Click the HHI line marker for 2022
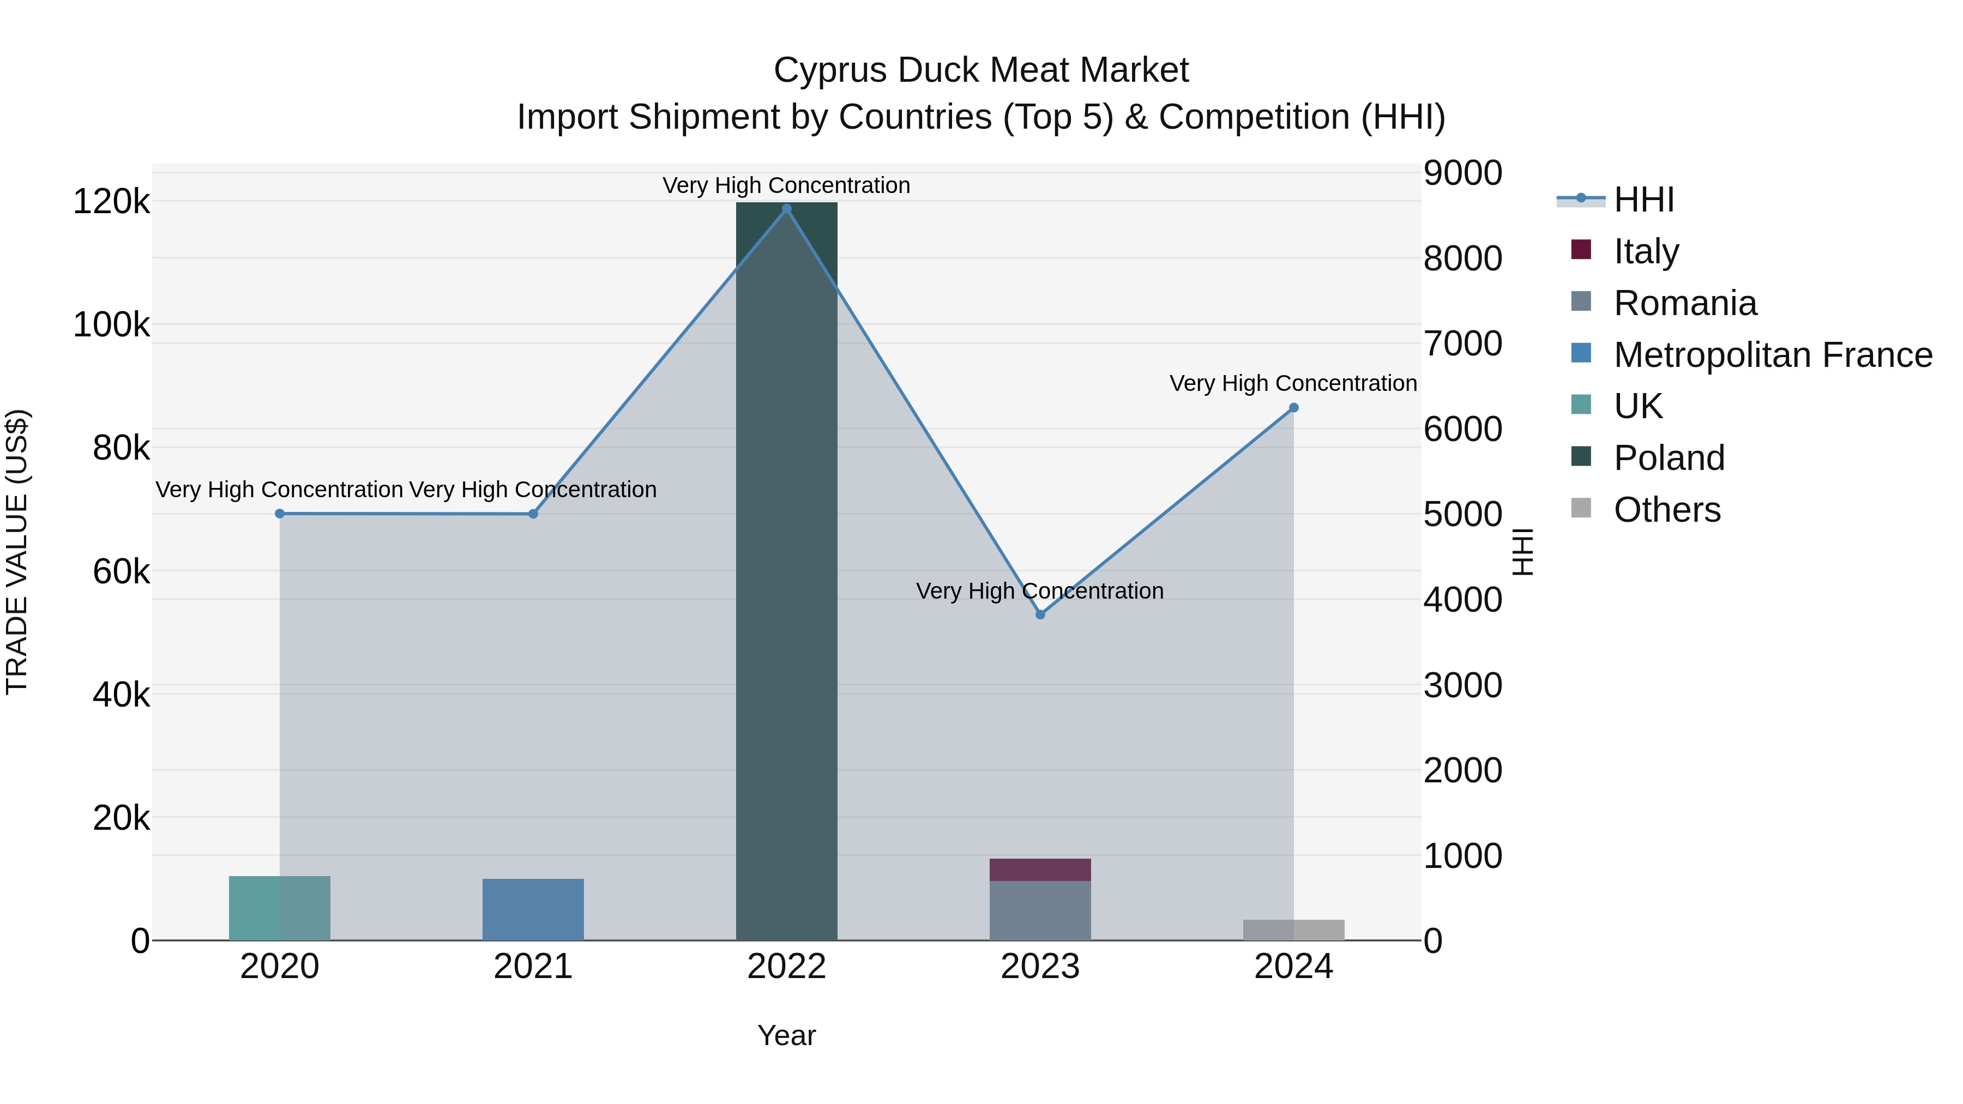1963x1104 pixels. [x=786, y=209]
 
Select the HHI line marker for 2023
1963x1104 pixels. [x=1040, y=614]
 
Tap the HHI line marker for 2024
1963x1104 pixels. [x=1293, y=408]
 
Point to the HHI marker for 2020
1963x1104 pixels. [x=280, y=514]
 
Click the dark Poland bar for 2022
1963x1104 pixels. [x=786, y=571]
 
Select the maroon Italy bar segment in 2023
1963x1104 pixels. [x=1040, y=870]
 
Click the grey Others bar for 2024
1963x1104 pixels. [x=1293, y=930]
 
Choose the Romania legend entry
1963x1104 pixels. [x=1685, y=303]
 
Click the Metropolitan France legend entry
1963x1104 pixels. [x=1773, y=355]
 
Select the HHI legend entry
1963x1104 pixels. [x=1643, y=200]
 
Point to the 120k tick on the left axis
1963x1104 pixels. [x=111, y=202]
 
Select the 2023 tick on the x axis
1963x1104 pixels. [x=1040, y=967]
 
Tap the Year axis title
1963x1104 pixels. [x=786, y=1035]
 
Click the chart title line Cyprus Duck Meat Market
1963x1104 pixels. [x=981, y=70]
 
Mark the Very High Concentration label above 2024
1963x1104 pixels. [x=1293, y=383]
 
